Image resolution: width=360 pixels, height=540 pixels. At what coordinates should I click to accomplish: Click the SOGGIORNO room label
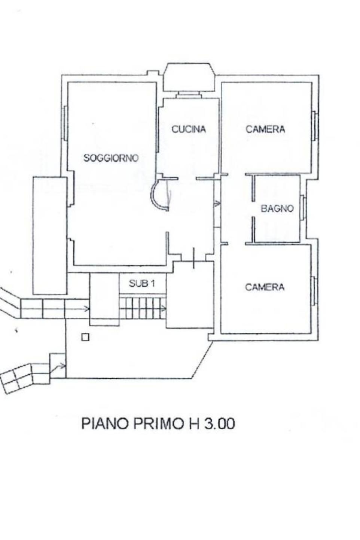[x=111, y=158]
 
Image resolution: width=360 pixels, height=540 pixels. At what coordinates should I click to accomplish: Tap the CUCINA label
[x=189, y=129]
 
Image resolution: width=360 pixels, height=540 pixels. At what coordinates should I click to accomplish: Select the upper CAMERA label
[x=265, y=129]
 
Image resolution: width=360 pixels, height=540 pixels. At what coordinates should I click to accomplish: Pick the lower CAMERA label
[x=265, y=287]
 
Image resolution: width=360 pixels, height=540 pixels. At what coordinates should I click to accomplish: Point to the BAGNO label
[x=277, y=208]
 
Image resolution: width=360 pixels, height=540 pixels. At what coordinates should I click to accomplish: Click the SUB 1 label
[x=142, y=284]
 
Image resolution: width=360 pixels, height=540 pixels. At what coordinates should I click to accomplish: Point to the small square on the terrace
[x=85, y=337]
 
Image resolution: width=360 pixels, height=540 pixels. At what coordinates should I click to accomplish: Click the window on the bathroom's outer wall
[x=303, y=207]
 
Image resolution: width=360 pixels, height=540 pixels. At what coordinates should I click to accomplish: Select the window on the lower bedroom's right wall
[x=314, y=292]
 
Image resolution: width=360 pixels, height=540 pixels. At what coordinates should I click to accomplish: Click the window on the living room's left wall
[x=65, y=123]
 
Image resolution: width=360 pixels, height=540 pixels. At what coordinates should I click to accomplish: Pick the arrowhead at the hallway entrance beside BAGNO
[x=218, y=204]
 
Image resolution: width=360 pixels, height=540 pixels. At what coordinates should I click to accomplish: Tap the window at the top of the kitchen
[x=188, y=95]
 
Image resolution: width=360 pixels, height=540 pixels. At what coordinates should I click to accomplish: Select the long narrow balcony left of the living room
[x=50, y=235]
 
